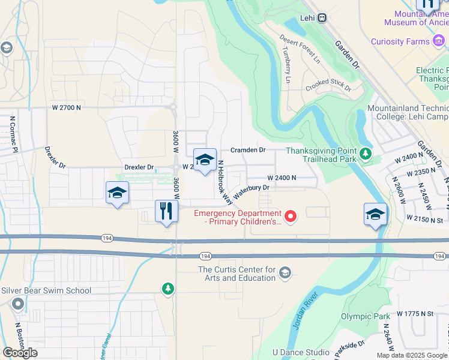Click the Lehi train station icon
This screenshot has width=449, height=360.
coord(322,18)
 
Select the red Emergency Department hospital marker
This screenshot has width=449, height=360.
coord(291,216)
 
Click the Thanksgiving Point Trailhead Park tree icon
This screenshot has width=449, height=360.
coord(365,155)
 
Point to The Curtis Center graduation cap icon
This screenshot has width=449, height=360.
coord(285,274)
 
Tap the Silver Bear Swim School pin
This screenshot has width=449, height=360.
coord(17,305)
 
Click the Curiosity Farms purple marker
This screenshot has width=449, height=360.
coord(439,41)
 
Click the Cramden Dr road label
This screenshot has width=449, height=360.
coord(248,150)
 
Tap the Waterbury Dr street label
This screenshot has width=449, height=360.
coord(252,191)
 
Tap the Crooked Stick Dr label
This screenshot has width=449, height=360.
coord(328,85)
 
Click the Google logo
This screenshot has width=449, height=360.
coord(20,353)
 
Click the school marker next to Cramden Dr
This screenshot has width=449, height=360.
coord(205,160)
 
